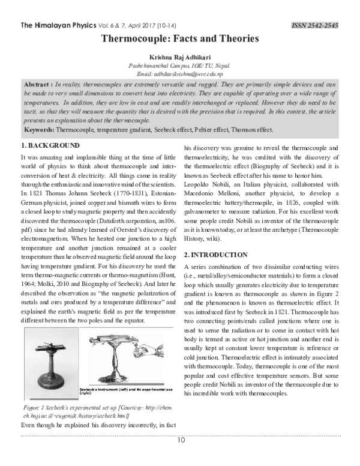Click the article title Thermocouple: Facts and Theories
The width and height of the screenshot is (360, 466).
(x=180, y=39)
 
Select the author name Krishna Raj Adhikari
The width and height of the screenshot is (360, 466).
(x=180, y=55)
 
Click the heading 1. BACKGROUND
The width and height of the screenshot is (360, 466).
(x=50, y=146)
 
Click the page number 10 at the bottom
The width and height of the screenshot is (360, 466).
(x=180, y=440)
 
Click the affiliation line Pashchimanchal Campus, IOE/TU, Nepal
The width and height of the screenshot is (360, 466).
(x=180, y=64)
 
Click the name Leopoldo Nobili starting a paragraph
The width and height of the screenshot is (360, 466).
(x=206, y=184)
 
